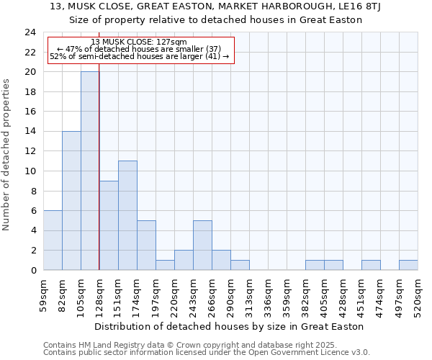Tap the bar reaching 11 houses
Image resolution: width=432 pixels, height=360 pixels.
(127, 215)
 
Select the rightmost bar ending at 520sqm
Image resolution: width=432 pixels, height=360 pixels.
(408, 265)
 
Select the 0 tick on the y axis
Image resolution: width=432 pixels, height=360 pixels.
(33, 270)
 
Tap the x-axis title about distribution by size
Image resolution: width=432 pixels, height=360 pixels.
(230, 327)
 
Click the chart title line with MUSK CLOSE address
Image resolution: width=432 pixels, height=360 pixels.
(215, 6)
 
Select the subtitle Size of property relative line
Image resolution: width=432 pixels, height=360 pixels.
(215, 19)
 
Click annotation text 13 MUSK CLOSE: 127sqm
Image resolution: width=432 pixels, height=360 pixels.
(139, 42)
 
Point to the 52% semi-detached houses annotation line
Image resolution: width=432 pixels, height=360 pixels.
(139, 56)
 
